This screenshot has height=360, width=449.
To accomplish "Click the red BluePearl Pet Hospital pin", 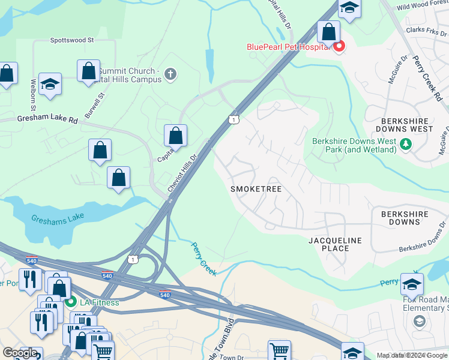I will click(x=339, y=46).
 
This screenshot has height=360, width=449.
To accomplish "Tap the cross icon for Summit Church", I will click(x=170, y=75).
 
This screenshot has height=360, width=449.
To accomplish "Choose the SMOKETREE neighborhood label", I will click(x=256, y=189).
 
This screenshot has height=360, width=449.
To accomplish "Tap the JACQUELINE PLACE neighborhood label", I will click(x=336, y=244).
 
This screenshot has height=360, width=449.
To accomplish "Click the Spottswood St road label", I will click(x=72, y=40).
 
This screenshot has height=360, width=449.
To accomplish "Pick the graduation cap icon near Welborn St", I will click(x=50, y=86).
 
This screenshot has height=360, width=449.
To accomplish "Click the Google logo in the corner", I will click(x=20, y=353).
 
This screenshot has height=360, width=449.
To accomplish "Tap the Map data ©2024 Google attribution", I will click(x=412, y=355).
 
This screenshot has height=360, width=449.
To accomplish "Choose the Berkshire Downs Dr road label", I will click(x=420, y=246).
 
